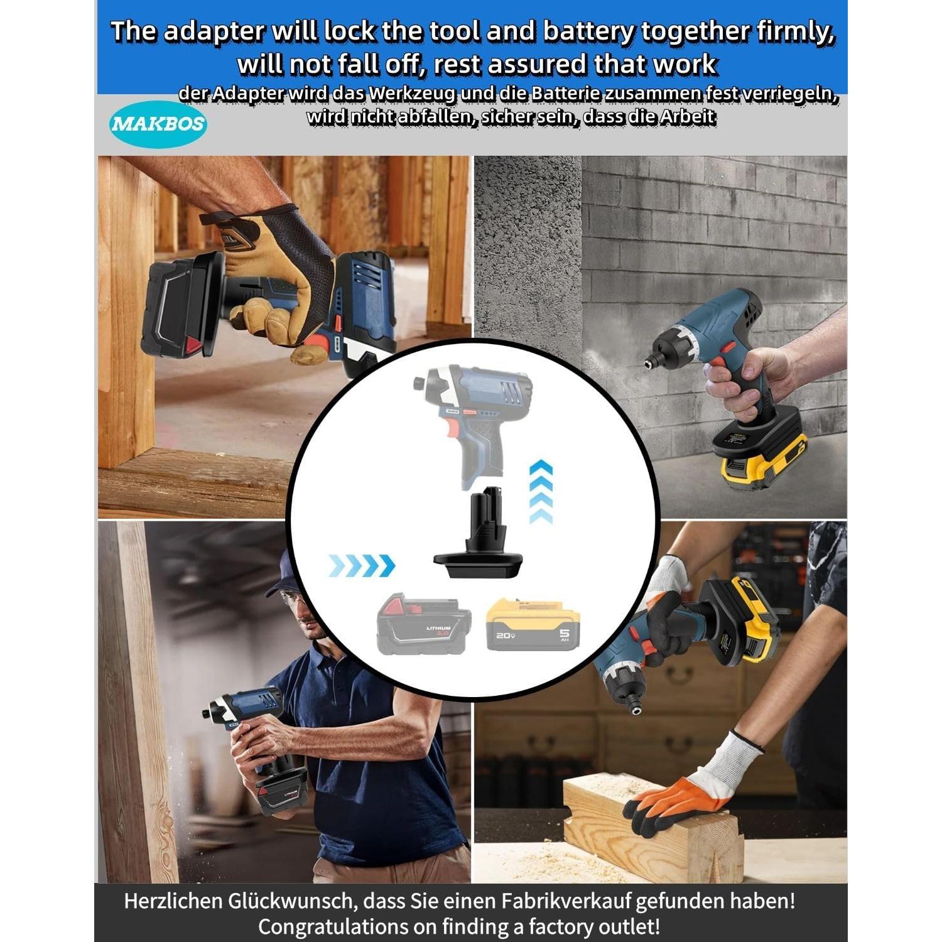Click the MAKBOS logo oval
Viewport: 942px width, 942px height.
pyautogui.click(x=158, y=123)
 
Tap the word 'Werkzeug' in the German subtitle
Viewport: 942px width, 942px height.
pyautogui.click(x=412, y=94)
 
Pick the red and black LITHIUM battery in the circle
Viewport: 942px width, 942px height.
pyautogui.click(x=423, y=625)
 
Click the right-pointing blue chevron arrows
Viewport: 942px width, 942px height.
pyautogui.click(x=362, y=566)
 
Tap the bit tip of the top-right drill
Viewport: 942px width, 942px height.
pyautogui.click(x=645, y=363)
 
